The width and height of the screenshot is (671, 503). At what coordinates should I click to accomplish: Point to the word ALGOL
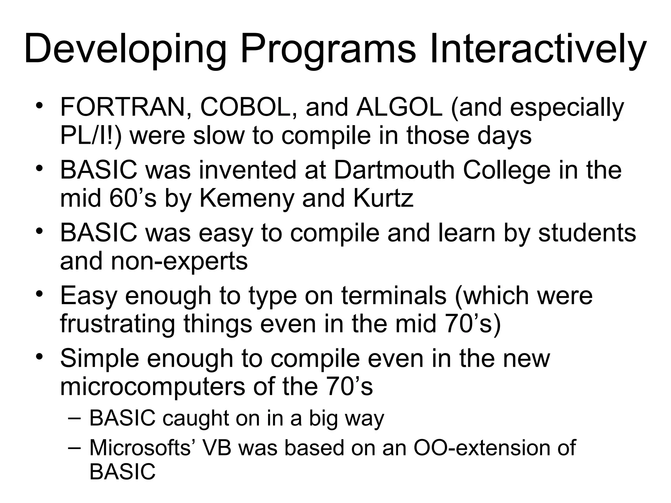pos(399,107)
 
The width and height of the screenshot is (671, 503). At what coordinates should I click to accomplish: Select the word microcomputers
pos(152,386)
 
